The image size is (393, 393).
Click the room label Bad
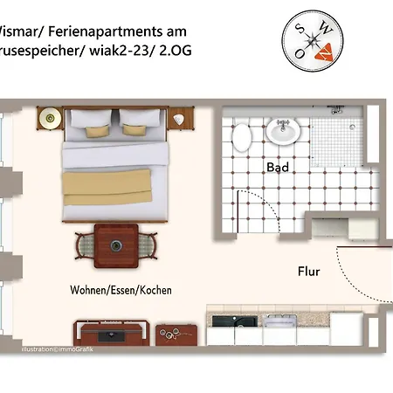277,166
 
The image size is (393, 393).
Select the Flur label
307,272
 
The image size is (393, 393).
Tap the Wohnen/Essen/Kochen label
121,289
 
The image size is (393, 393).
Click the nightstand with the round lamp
50,117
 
